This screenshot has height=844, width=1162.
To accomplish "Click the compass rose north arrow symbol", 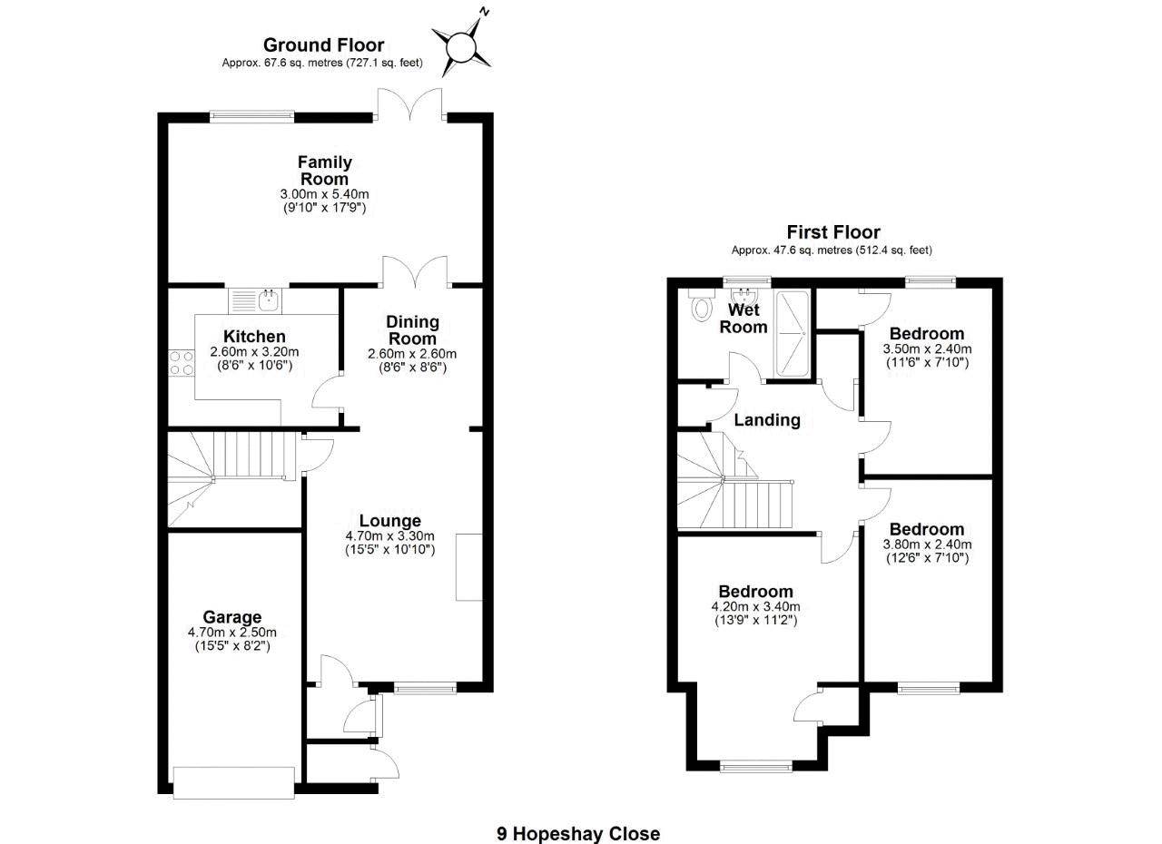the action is (462, 43).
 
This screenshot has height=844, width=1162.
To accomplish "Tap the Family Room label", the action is (325, 171).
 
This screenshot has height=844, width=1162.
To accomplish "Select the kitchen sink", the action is (269, 296).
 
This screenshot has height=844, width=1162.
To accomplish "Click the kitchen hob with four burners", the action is (181, 363).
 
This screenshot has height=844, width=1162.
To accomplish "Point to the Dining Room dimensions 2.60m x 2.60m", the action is (412, 354).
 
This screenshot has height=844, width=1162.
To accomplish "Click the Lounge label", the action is (389, 521).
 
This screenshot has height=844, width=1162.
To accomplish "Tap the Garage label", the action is (232, 617).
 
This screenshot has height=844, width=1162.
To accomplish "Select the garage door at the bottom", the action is (234, 782).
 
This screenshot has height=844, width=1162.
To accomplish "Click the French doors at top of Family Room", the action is (411, 104).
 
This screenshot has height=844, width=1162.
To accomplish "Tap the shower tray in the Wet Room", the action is (793, 333).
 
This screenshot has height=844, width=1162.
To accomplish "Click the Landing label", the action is (767, 420).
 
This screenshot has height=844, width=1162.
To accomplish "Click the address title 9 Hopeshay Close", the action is (578, 833).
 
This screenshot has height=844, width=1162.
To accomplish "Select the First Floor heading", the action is (832, 232).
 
